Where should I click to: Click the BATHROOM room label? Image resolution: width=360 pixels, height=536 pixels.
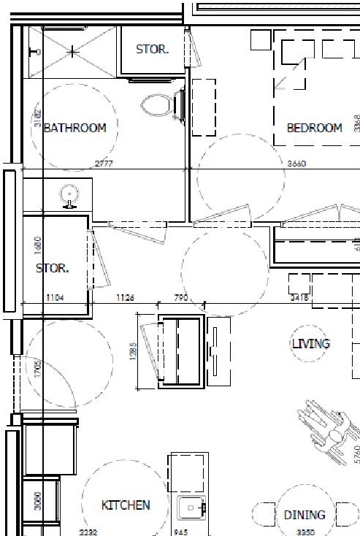(75, 128)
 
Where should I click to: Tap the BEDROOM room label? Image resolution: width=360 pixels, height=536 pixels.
(314, 128)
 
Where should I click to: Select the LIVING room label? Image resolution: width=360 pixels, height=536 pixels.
(310, 343)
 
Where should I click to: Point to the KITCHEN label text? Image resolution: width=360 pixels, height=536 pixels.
(126, 505)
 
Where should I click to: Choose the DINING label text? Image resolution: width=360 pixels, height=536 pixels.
(305, 515)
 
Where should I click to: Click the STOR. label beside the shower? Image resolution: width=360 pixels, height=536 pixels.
(153, 50)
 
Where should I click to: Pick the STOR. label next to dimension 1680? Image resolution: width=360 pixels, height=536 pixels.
(53, 268)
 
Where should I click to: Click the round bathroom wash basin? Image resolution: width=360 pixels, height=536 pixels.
(70, 195)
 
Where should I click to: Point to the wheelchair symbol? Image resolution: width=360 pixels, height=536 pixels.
(329, 434)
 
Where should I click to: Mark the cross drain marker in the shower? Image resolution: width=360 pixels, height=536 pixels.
(73, 52)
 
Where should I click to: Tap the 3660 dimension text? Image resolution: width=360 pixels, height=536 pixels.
(295, 164)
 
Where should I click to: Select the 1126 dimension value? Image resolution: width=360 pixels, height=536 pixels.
(126, 297)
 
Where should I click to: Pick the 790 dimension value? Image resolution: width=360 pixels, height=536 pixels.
(180, 297)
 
